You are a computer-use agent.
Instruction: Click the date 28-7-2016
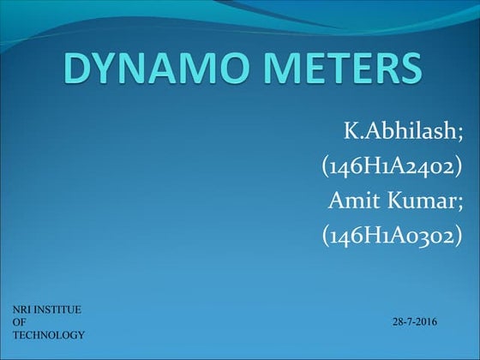coord(415,321)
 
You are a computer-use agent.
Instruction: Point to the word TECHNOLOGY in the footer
coord(48,334)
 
